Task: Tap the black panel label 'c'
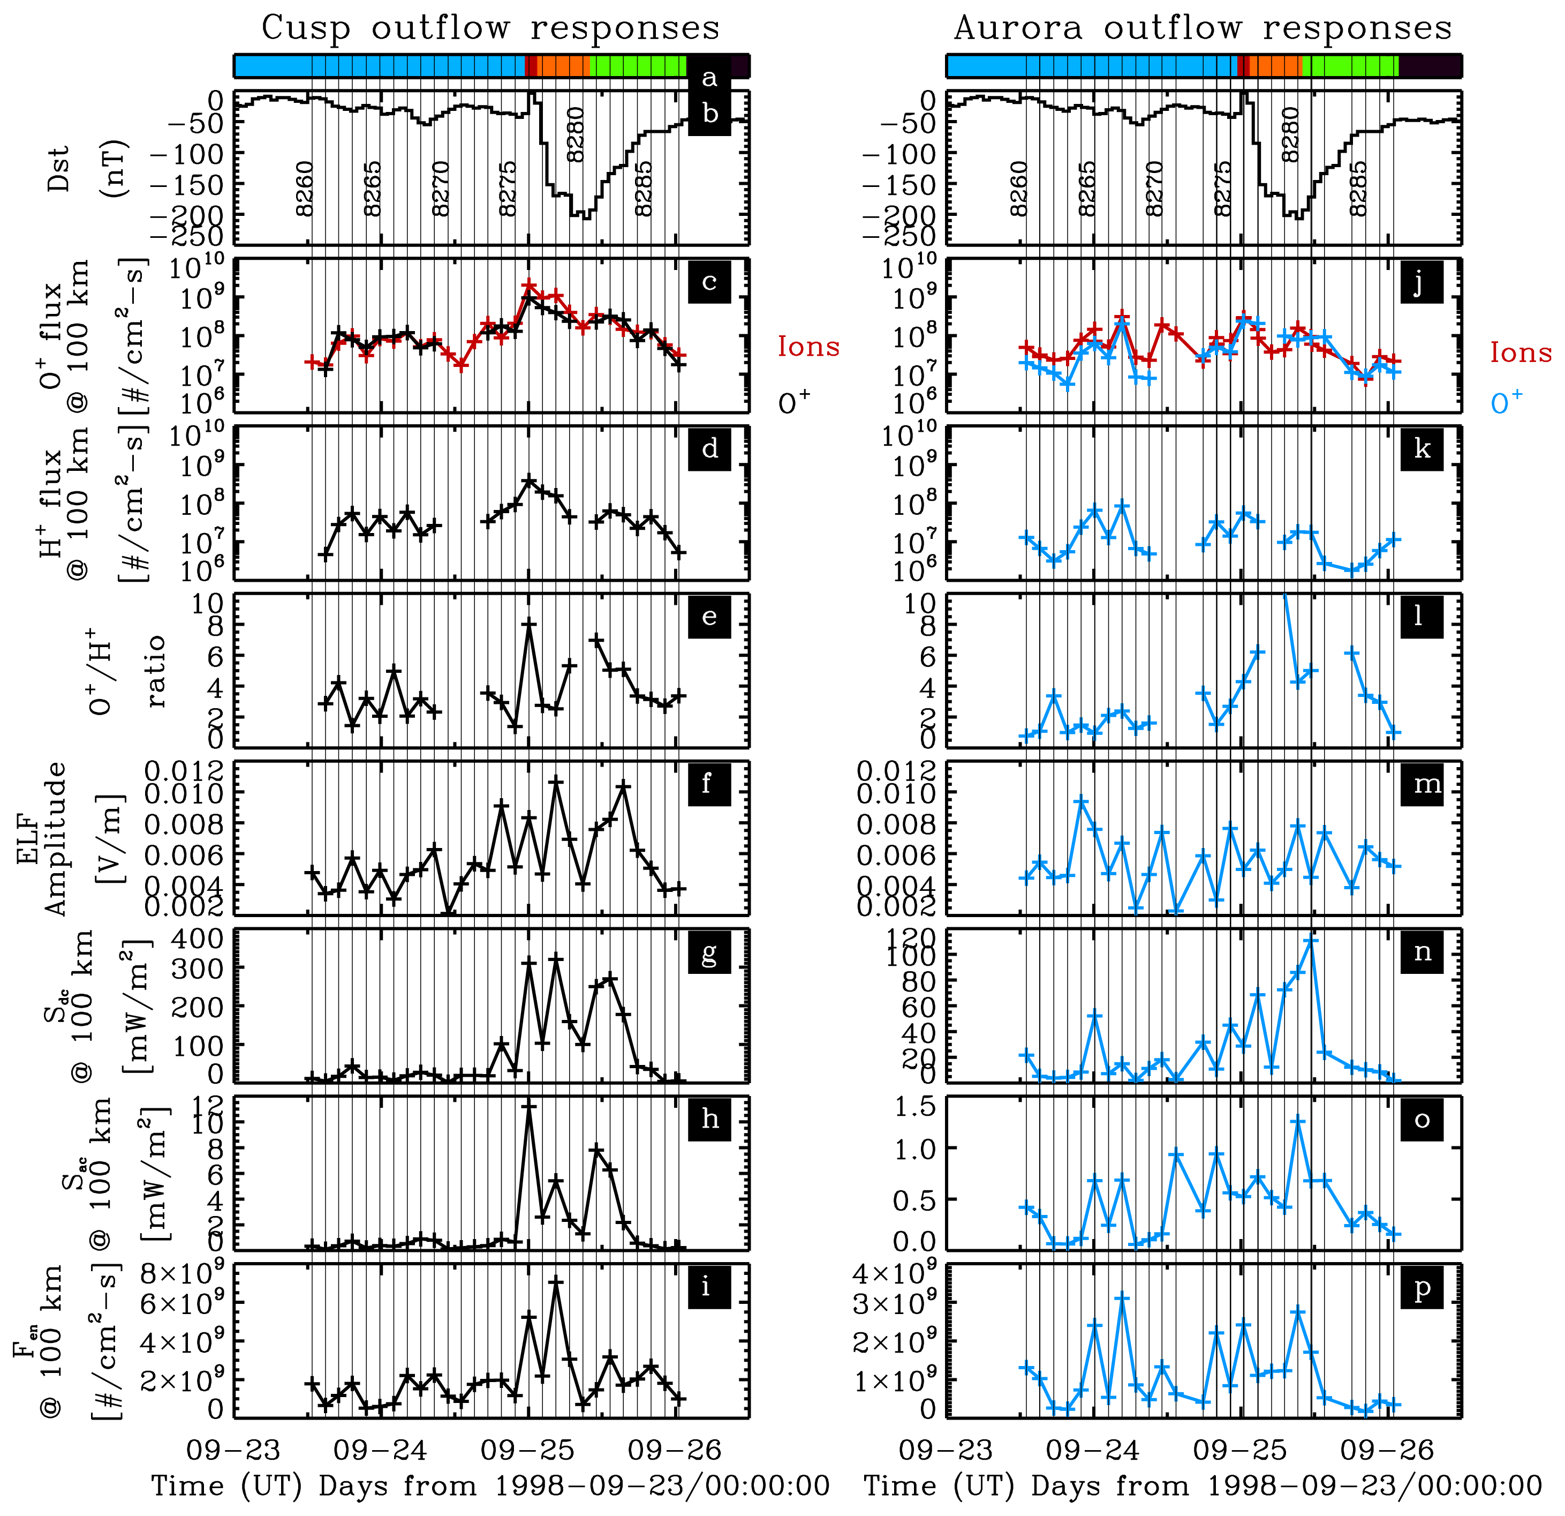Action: point(709,281)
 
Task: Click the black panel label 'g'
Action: point(709,952)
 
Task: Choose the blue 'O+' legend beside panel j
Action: point(1506,402)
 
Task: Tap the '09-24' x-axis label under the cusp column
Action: point(381,1450)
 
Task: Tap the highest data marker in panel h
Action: point(528,1107)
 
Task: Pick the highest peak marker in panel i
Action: point(556,1283)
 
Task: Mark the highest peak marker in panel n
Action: point(1310,941)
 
